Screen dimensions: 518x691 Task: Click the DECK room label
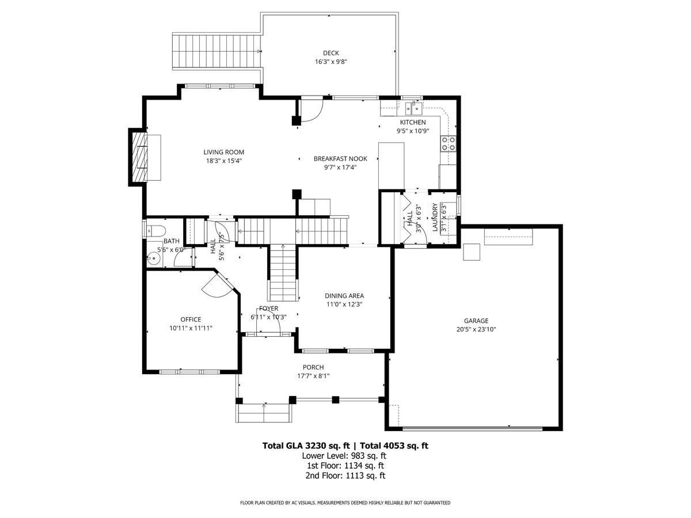(x=331, y=53)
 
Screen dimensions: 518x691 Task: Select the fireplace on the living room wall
(x=139, y=157)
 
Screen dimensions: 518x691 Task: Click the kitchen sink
(x=413, y=106)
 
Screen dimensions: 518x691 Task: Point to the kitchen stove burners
(x=448, y=143)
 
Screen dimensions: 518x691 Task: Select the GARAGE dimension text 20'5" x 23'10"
(x=476, y=330)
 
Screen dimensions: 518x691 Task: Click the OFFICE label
(x=191, y=319)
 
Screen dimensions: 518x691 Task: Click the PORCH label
(x=313, y=367)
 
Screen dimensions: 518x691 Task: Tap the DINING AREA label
(x=344, y=296)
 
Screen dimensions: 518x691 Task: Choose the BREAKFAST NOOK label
(x=340, y=158)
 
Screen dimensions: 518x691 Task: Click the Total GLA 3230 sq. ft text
(x=306, y=445)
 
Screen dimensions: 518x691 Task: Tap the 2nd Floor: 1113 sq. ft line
(x=345, y=475)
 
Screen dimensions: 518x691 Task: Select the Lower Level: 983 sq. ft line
(x=344, y=455)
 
